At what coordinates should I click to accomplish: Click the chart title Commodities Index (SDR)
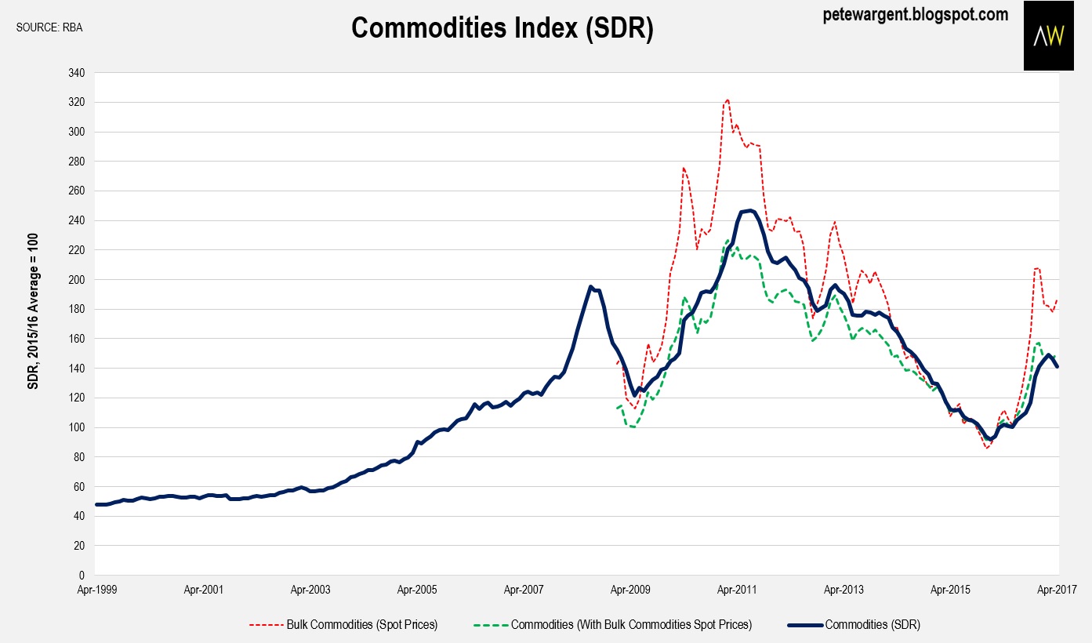(502, 28)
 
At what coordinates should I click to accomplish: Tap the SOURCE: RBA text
(49, 28)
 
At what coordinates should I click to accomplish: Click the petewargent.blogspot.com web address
(916, 14)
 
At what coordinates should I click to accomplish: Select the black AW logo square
(1048, 35)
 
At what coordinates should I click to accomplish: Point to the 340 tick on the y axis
(77, 73)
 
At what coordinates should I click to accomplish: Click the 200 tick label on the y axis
(77, 279)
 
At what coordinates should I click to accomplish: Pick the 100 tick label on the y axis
(77, 427)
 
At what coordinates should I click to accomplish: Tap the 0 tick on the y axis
(82, 575)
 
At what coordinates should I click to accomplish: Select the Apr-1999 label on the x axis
(96, 589)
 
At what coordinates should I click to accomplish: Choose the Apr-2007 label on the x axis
(524, 589)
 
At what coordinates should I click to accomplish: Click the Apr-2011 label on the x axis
(738, 589)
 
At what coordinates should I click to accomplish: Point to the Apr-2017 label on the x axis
(1058, 589)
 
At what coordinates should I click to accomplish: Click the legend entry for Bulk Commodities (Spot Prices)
(343, 625)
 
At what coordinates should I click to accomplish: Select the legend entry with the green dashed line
(612, 625)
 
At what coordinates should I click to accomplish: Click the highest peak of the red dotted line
(727, 100)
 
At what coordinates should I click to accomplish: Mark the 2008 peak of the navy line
(591, 286)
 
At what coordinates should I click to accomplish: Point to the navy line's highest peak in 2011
(749, 210)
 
